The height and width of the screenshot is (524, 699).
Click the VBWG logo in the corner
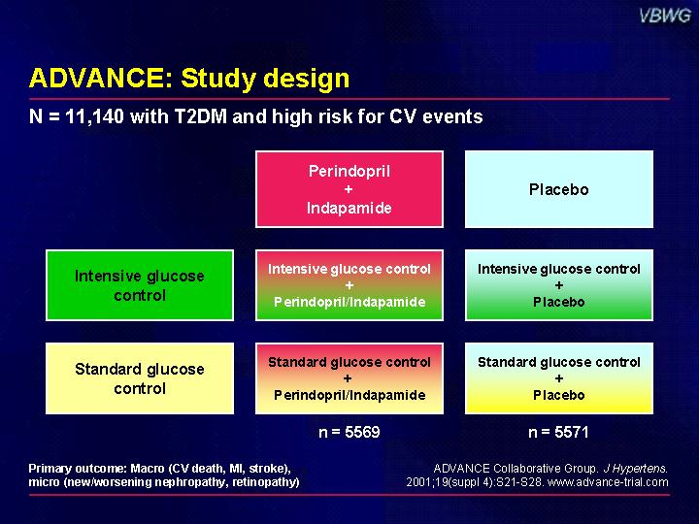[665, 16]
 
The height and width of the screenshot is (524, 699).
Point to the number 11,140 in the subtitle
[94, 116]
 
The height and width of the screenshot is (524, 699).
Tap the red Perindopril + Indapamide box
[349, 189]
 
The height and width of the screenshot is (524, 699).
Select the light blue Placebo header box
[559, 189]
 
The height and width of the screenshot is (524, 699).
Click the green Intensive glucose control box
[140, 285]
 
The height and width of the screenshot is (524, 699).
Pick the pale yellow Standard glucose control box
[140, 378]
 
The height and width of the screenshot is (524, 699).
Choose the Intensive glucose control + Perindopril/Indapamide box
[349, 285]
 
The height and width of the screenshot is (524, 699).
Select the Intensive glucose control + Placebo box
[559, 285]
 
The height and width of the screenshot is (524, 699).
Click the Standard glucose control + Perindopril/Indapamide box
[349, 378]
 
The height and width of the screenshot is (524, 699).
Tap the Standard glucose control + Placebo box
[559, 378]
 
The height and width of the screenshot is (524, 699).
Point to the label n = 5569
[349, 432]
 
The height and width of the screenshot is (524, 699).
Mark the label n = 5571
[558, 432]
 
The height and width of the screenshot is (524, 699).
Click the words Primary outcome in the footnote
[78, 469]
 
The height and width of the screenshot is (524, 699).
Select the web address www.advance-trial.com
[608, 482]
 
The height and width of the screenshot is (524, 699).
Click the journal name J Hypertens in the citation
[635, 469]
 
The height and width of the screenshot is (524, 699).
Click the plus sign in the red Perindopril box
[349, 189]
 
